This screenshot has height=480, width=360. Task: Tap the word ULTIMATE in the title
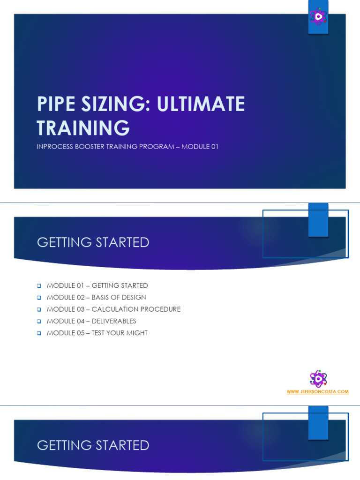(201, 104)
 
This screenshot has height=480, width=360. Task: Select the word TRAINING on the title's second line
(83, 127)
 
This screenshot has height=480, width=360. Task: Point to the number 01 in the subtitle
(214, 147)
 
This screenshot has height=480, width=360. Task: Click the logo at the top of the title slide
(318, 18)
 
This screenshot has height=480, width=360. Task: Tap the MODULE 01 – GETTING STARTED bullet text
(97, 285)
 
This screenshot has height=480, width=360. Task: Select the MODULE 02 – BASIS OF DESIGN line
(96, 297)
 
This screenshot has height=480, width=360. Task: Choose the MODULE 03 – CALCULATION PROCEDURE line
(113, 309)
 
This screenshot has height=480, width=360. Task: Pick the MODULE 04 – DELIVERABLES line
(91, 321)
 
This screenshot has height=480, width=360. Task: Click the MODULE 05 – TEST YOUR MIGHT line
(97, 333)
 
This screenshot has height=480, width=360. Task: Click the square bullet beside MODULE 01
(40, 285)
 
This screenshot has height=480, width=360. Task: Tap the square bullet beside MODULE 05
(40, 333)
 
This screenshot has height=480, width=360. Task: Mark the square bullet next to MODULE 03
(40, 309)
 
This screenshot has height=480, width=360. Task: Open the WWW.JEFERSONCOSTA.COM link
(318, 392)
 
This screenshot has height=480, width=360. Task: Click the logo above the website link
(318, 379)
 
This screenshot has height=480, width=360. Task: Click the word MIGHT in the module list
(136, 333)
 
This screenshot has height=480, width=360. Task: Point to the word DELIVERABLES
(114, 321)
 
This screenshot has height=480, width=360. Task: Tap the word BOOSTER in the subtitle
(96, 147)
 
